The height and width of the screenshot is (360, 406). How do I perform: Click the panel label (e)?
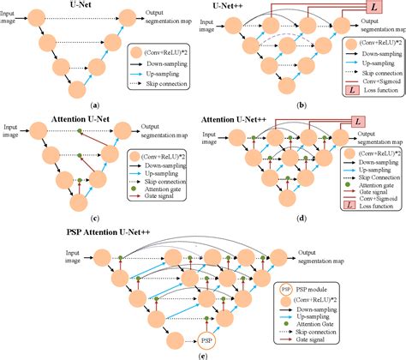tap(200, 353)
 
